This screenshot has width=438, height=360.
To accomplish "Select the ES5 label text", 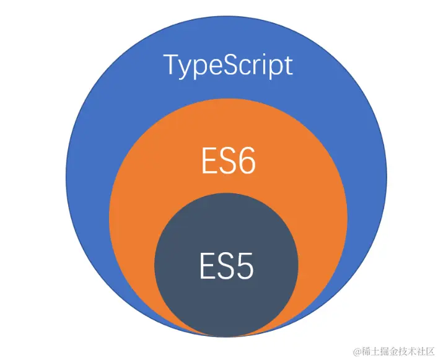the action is (227, 266).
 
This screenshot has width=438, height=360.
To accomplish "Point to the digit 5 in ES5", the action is (245, 266).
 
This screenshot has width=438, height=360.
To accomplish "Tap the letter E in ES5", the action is (208, 266).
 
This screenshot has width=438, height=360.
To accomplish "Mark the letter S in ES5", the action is (226, 266).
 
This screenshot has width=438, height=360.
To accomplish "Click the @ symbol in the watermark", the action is (357, 351).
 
